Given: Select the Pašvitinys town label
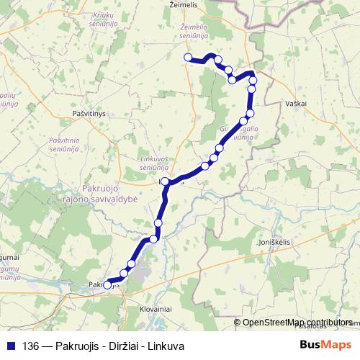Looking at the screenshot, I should (x=89, y=114).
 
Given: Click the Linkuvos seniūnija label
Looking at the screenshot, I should (x=159, y=163).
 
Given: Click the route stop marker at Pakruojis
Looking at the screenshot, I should (x=107, y=284).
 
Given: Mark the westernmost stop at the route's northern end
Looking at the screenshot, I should (x=188, y=58).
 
